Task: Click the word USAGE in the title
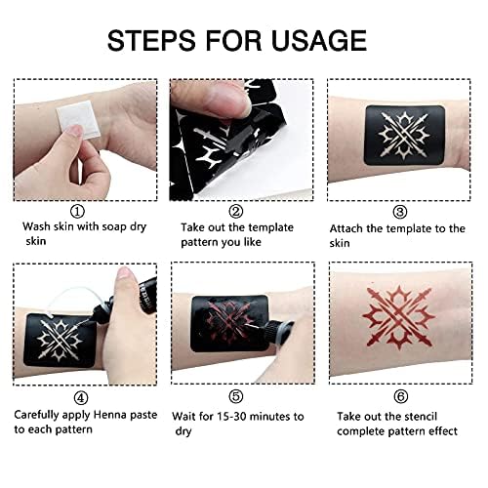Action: [x=319, y=40]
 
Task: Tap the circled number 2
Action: [x=235, y=209]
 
